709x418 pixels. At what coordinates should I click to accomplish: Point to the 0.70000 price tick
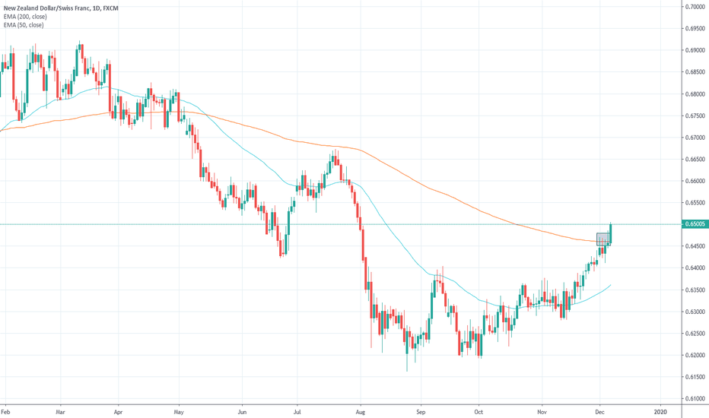pos(692,7)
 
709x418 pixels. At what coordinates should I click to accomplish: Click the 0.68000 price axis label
pos(692,94)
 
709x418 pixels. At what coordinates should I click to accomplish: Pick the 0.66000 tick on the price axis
pos(692,181)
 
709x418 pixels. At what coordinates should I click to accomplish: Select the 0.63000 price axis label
pos(692,312)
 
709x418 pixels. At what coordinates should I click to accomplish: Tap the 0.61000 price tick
pos(692,398)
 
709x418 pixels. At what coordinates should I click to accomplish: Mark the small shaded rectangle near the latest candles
pos(602,239)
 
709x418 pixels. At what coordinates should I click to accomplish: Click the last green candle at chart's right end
pos(611,233)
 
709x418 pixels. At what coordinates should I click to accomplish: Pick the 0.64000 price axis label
pos(692,268)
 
